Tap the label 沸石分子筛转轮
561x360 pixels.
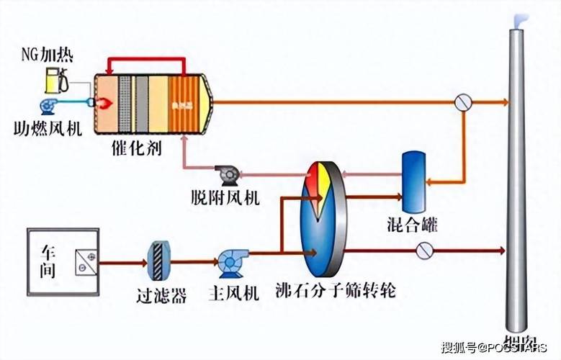coord(336,292)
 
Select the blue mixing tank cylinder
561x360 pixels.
coord(413,179)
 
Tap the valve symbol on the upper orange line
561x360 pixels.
coord(462,102)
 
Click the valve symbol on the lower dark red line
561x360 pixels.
coord(425,251)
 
